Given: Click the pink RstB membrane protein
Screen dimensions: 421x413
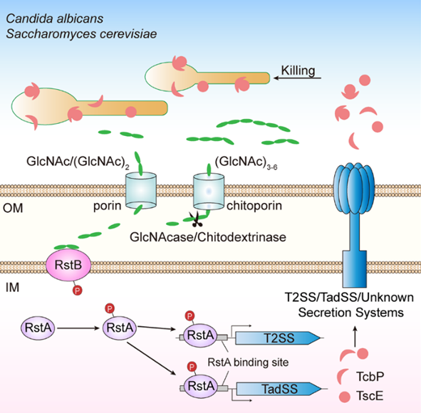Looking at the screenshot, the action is (68, 265).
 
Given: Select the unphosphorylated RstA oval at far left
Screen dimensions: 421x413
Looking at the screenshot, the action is (38, 328).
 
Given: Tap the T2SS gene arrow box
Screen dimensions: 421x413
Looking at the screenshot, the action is (278, 338).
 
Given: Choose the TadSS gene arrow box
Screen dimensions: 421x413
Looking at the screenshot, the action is (279, 389).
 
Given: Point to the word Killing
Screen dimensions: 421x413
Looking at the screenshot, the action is (298, 70).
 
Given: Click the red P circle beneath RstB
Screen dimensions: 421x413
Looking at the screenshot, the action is (78, 291).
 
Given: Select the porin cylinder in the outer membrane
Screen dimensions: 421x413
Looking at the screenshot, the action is (141, 191).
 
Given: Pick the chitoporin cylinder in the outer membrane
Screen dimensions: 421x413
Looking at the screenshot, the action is (209, 191).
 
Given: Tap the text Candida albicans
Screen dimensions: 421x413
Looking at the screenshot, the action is (55, 19).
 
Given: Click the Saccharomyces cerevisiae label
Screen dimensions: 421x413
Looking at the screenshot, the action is (81, 34).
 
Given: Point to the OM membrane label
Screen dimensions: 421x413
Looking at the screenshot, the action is (13, 208).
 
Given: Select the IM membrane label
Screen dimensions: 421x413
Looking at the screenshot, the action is (12, 288).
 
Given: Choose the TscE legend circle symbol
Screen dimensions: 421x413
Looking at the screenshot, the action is (345, 397).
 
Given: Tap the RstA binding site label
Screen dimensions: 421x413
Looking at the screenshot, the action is (248, 362).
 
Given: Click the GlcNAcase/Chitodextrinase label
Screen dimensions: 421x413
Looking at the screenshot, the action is (208, 237).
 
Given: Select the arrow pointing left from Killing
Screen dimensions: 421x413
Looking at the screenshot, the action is (297, 78).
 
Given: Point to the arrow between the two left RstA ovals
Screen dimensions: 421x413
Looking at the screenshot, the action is (78, 328).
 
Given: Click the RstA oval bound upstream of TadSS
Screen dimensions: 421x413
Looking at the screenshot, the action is (201, 386).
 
